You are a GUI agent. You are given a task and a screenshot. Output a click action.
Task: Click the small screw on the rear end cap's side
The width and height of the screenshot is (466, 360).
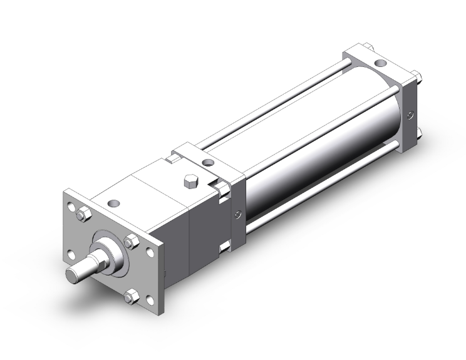click(x=410, y=115)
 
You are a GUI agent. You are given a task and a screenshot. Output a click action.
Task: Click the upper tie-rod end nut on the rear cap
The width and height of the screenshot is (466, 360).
click(x=414, y=77)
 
